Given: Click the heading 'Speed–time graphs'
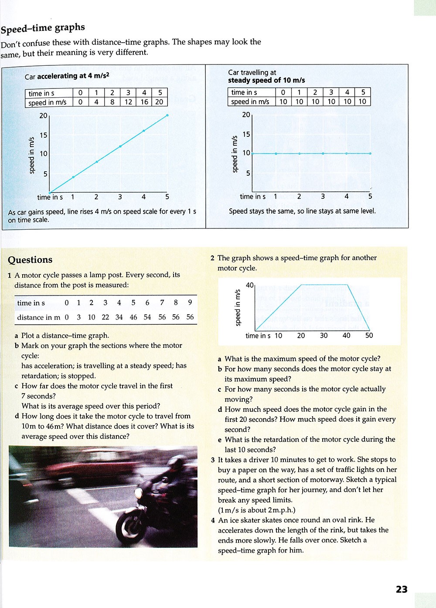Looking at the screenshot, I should click(x=43, y=28).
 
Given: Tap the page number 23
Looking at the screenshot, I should click(x=402, y=589).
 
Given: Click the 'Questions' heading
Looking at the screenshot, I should click(x=30, y=260).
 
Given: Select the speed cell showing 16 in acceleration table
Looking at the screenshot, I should click(x=144, y=102).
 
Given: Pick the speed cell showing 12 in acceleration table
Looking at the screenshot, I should click(x=128, y=102).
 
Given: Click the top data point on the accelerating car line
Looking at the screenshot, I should click(x=167, y=115).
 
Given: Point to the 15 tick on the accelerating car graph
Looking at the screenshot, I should click(x=44, y=135).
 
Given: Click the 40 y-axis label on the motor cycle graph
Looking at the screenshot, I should click(x=250, y=285).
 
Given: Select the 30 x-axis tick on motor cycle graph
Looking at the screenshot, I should click(x=324, y=336).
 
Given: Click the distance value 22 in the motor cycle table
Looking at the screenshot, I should click(x=106, y=317).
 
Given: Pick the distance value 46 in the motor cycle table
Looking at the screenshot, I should click(x=133, y=317).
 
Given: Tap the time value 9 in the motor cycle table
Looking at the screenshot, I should click(x=190, y=302).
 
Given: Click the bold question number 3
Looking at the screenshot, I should click(x=213, y=460).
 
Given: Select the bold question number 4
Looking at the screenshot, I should click(x=213, y=520).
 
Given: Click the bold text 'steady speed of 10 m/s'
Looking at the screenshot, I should click(x=266, y=80).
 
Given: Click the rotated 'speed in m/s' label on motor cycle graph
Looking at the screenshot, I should click(x=238, y=307).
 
